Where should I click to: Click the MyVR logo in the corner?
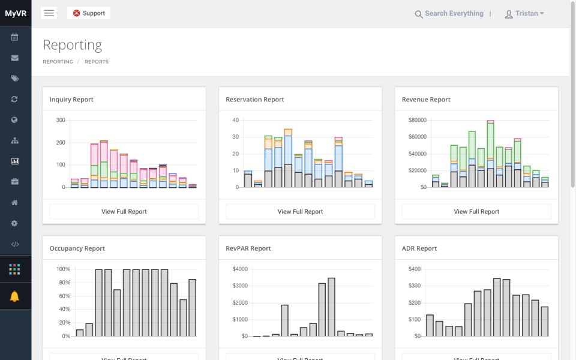[x=16, y=13]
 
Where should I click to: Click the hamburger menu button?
[x=49, y=13]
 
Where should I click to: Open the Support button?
[x=89, y=13]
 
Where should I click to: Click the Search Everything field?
[x=454, y=14]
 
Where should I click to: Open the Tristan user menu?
[x=525, y=14]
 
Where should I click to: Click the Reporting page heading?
[x=73, y=45]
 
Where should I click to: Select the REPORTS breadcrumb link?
[x=97, y=62]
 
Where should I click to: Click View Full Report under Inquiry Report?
[x=124, y=211]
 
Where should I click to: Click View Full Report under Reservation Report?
[x=300, y=211]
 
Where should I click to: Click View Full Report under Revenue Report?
[x=476, y=211]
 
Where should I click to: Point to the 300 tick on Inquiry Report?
[x=61, y=120]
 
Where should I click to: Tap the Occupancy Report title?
[x=77, y=248]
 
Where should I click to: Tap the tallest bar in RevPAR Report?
[x=332, y=307]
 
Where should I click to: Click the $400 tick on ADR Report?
[x=415, y=269]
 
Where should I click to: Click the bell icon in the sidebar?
[x=15, y=296]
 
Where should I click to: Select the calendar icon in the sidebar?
[x=15, y=37]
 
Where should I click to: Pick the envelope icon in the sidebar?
[x=15, y=58]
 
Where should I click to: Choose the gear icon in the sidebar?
[x=15, y=223]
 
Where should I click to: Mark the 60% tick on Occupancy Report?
[x=63, y=296]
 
